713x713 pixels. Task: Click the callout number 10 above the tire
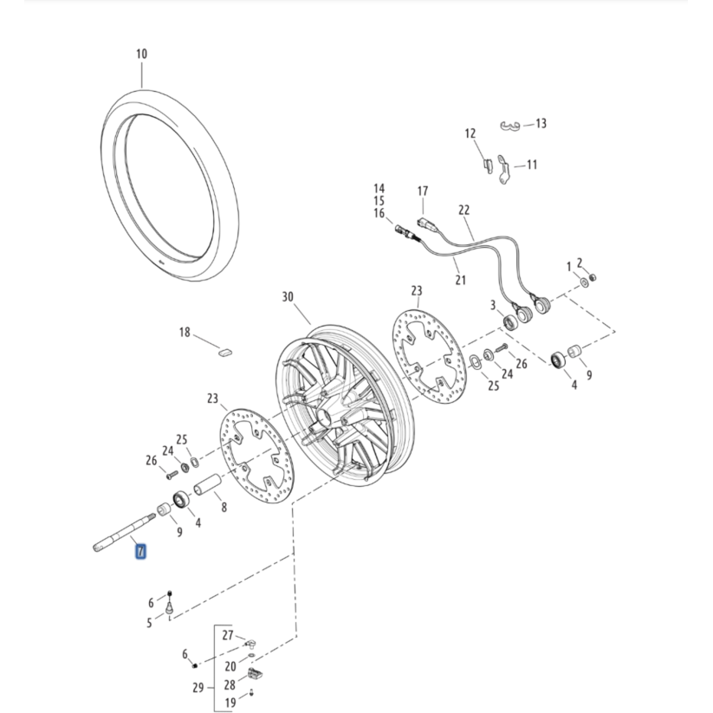pos(141,54)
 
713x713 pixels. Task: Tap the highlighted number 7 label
pos(140,551)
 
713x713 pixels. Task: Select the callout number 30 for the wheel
pos(288,297)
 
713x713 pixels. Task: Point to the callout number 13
pos(541,124)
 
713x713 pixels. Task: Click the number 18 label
pos(185,333)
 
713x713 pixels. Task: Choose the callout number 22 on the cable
pos(463,211)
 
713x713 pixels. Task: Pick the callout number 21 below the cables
pos(460,280)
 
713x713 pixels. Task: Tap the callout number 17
pos(423,191)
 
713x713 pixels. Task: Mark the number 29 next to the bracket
pos(198,689)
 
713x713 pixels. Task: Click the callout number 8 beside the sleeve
pos(224,508)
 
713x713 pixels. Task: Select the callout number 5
pos(149,622)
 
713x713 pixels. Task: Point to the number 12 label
pos(470,133)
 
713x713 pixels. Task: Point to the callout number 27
pos(228,635)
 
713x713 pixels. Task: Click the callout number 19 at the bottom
pos(230,703)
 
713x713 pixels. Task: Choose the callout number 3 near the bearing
pos(492,305)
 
